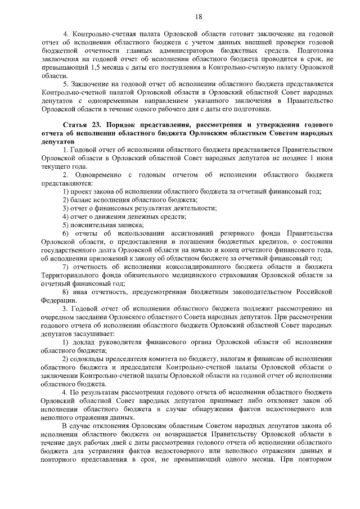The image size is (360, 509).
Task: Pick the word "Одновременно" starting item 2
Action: [x=100, y=175]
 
